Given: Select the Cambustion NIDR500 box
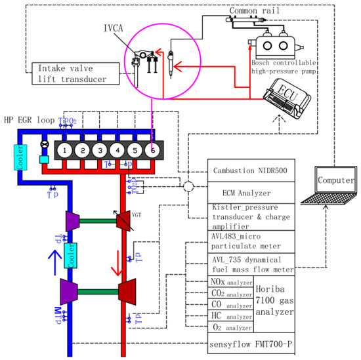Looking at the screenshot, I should point(251,170).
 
